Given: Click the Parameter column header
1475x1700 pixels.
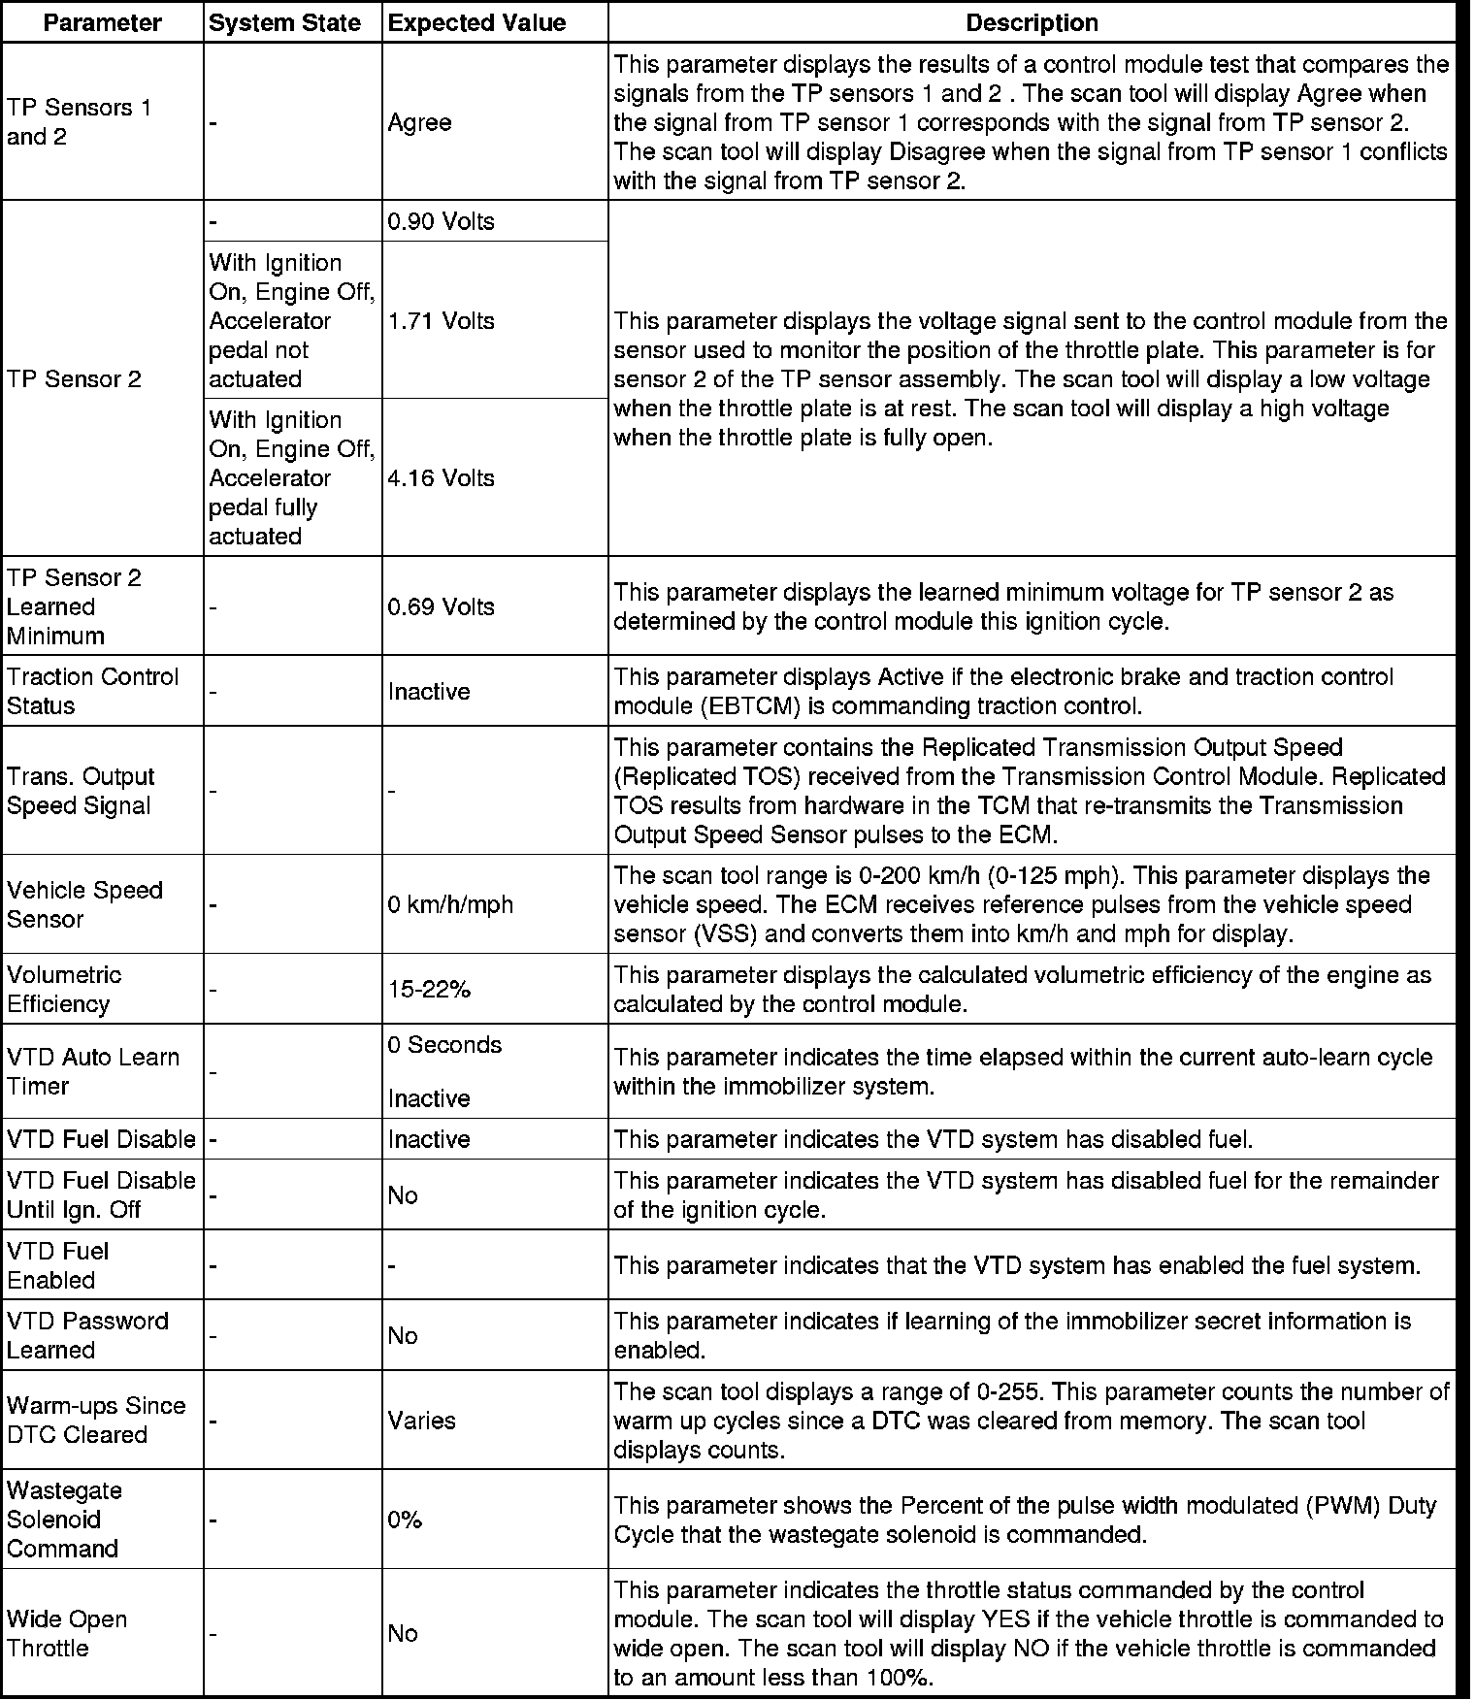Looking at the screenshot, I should [x=102, y=23].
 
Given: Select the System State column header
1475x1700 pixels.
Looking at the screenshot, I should [x=284, y=23].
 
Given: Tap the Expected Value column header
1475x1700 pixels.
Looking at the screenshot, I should [x=476, y=23].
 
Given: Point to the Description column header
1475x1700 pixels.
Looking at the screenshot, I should [x=1032, y=23].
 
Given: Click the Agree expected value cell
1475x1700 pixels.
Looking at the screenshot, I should [x=419, y=122].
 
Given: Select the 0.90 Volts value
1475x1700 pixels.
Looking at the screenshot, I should [x=441, y=221].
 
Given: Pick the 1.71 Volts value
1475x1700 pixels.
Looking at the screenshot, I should [x=441, y=320].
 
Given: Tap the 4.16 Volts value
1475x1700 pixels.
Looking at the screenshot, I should [x=441, y=477].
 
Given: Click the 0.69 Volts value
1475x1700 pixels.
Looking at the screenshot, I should [x=441, y=606].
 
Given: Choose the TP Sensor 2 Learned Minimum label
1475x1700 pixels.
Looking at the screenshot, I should [x=74, y=606].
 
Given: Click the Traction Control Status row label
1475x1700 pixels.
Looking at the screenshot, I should [x=92, y=691].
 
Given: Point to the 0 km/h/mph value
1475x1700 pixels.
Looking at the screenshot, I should [x=450, y=904].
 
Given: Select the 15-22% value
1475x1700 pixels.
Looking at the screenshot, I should [x=429, y=989].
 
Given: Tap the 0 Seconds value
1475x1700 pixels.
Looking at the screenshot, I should [x=444, y=1045].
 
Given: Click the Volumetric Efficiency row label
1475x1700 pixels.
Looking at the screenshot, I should [x=64, y=989].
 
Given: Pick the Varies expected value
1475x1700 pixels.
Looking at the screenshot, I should [x=421, y=1421].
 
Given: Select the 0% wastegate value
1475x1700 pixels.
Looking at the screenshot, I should [x=405, y=1520].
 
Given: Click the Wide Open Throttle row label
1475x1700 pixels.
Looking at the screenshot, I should [x=66, y=1633].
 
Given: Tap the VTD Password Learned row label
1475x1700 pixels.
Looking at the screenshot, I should [x=87, y=1335].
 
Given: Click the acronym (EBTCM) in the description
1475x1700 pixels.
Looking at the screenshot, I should [x=748, y=706].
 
